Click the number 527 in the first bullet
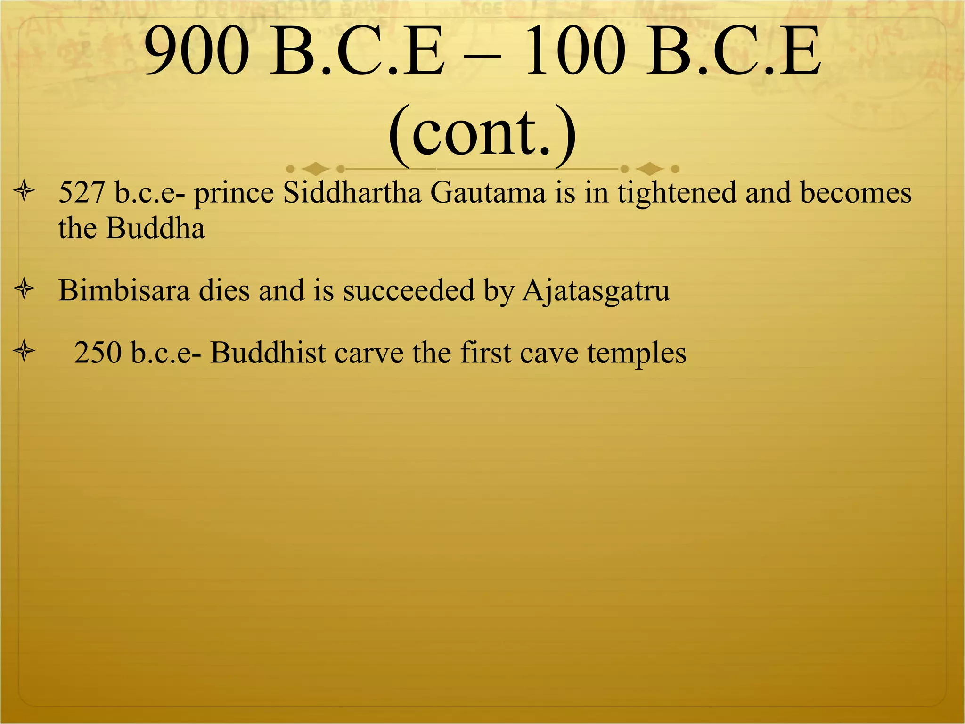(x=81, y=193)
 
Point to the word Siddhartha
(x=352, y=193)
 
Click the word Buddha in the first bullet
(x=155, y=229)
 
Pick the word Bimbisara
(x=124, y=290)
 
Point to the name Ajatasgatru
(x=596, y=291)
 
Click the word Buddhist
(x=268, y=353)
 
